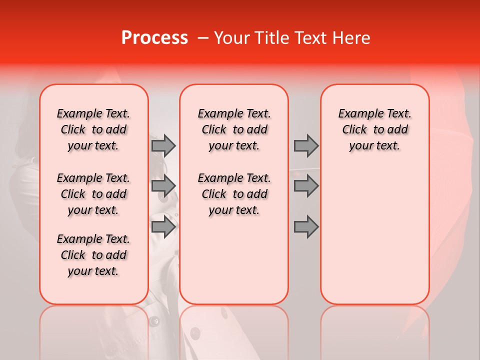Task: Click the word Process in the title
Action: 154,38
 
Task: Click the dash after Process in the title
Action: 202,38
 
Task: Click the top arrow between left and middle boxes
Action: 163,145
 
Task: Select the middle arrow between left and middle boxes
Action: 163,186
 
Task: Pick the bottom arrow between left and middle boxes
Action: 163,227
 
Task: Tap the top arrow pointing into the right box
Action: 306,145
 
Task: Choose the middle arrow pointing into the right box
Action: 306,186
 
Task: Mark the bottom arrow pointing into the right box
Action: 306,227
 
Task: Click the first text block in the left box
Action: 93,129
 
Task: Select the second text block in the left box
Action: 93,194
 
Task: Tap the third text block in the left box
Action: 93,255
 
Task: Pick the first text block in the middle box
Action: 234,129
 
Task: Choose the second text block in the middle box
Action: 234,194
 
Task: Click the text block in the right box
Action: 374,129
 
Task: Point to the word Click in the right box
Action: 354,130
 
